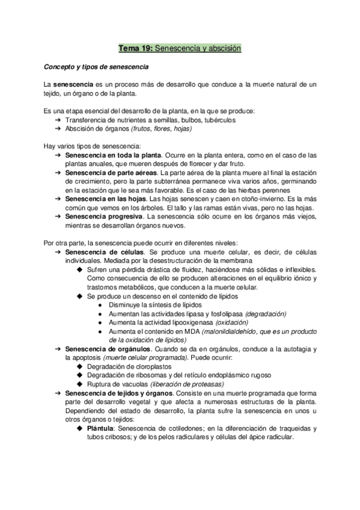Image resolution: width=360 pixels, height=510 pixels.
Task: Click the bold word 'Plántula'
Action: pos(101,428)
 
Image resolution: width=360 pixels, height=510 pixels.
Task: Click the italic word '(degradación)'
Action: pos(257,313)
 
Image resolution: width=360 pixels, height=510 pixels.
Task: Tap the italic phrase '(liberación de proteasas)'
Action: pos(187,384)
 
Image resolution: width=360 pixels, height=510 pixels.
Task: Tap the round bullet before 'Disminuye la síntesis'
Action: pos(99,305)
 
